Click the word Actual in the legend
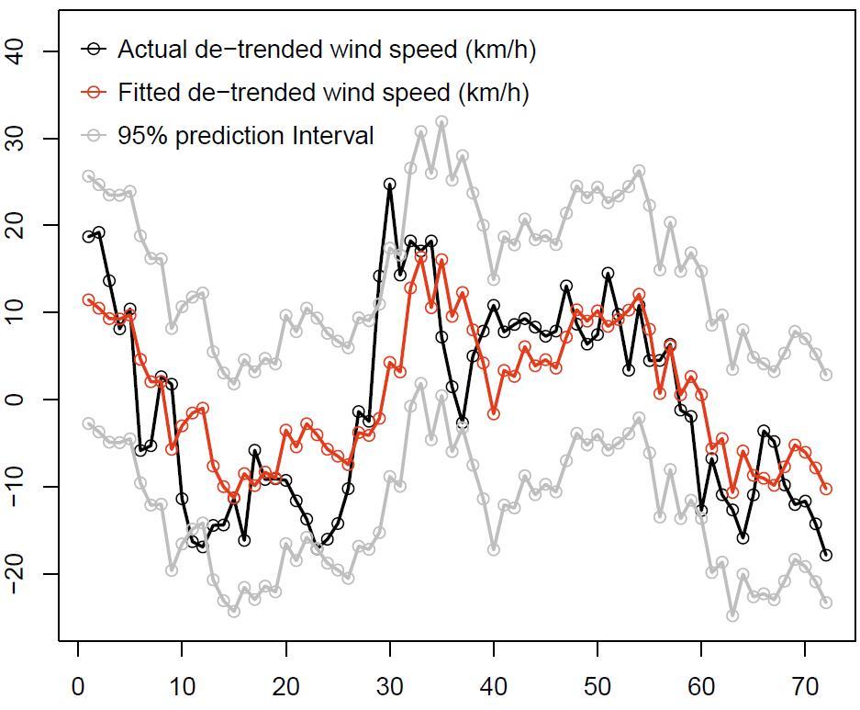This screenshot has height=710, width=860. point(146,50)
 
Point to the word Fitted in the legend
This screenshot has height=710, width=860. point(144,93)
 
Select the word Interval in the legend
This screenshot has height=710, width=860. point(333,136)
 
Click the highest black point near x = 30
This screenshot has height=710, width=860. point(390,185)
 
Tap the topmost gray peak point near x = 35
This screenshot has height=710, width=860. point(441,122)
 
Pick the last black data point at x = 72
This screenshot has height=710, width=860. point(826,555)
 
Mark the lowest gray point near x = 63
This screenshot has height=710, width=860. point(732,615)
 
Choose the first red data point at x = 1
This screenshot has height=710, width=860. point(89,299)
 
